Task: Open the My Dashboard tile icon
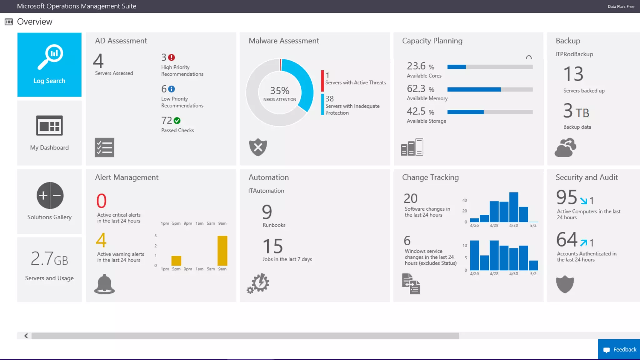click(x=49, y=125)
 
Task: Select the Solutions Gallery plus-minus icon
click(x=50, y=195)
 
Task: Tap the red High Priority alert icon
click(x=172, y=57)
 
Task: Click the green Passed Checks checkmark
click(x=177, y=121)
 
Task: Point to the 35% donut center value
click(x=279, y=91)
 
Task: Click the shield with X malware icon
click(x=258, y=147)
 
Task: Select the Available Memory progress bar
click(x=490, y=89)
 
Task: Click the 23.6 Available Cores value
click(x=416, y=66)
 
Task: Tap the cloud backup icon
click(x=565, y=147)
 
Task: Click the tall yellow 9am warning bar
click(x=222, y=250)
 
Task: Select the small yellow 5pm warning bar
click(x=176, y=261)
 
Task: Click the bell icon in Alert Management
click(x=104, y=284)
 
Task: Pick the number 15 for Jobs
click(x=272, y=246)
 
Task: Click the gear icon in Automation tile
click(x=258, y=283)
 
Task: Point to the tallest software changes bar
click(x=513, y=207)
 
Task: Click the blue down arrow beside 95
click(x=583, y=201)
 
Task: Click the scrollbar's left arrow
click(x=26, y=336)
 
